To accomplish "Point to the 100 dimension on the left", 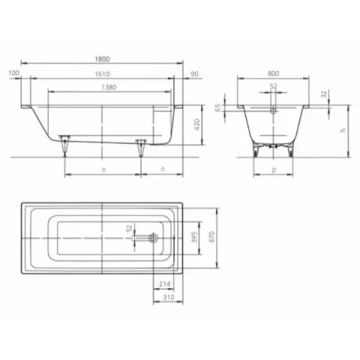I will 13,73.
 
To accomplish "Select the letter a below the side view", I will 102,171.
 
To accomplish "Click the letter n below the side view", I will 163,171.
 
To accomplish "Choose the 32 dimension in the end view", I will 324,95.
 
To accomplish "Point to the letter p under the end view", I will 273,171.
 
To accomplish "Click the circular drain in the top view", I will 153,238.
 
